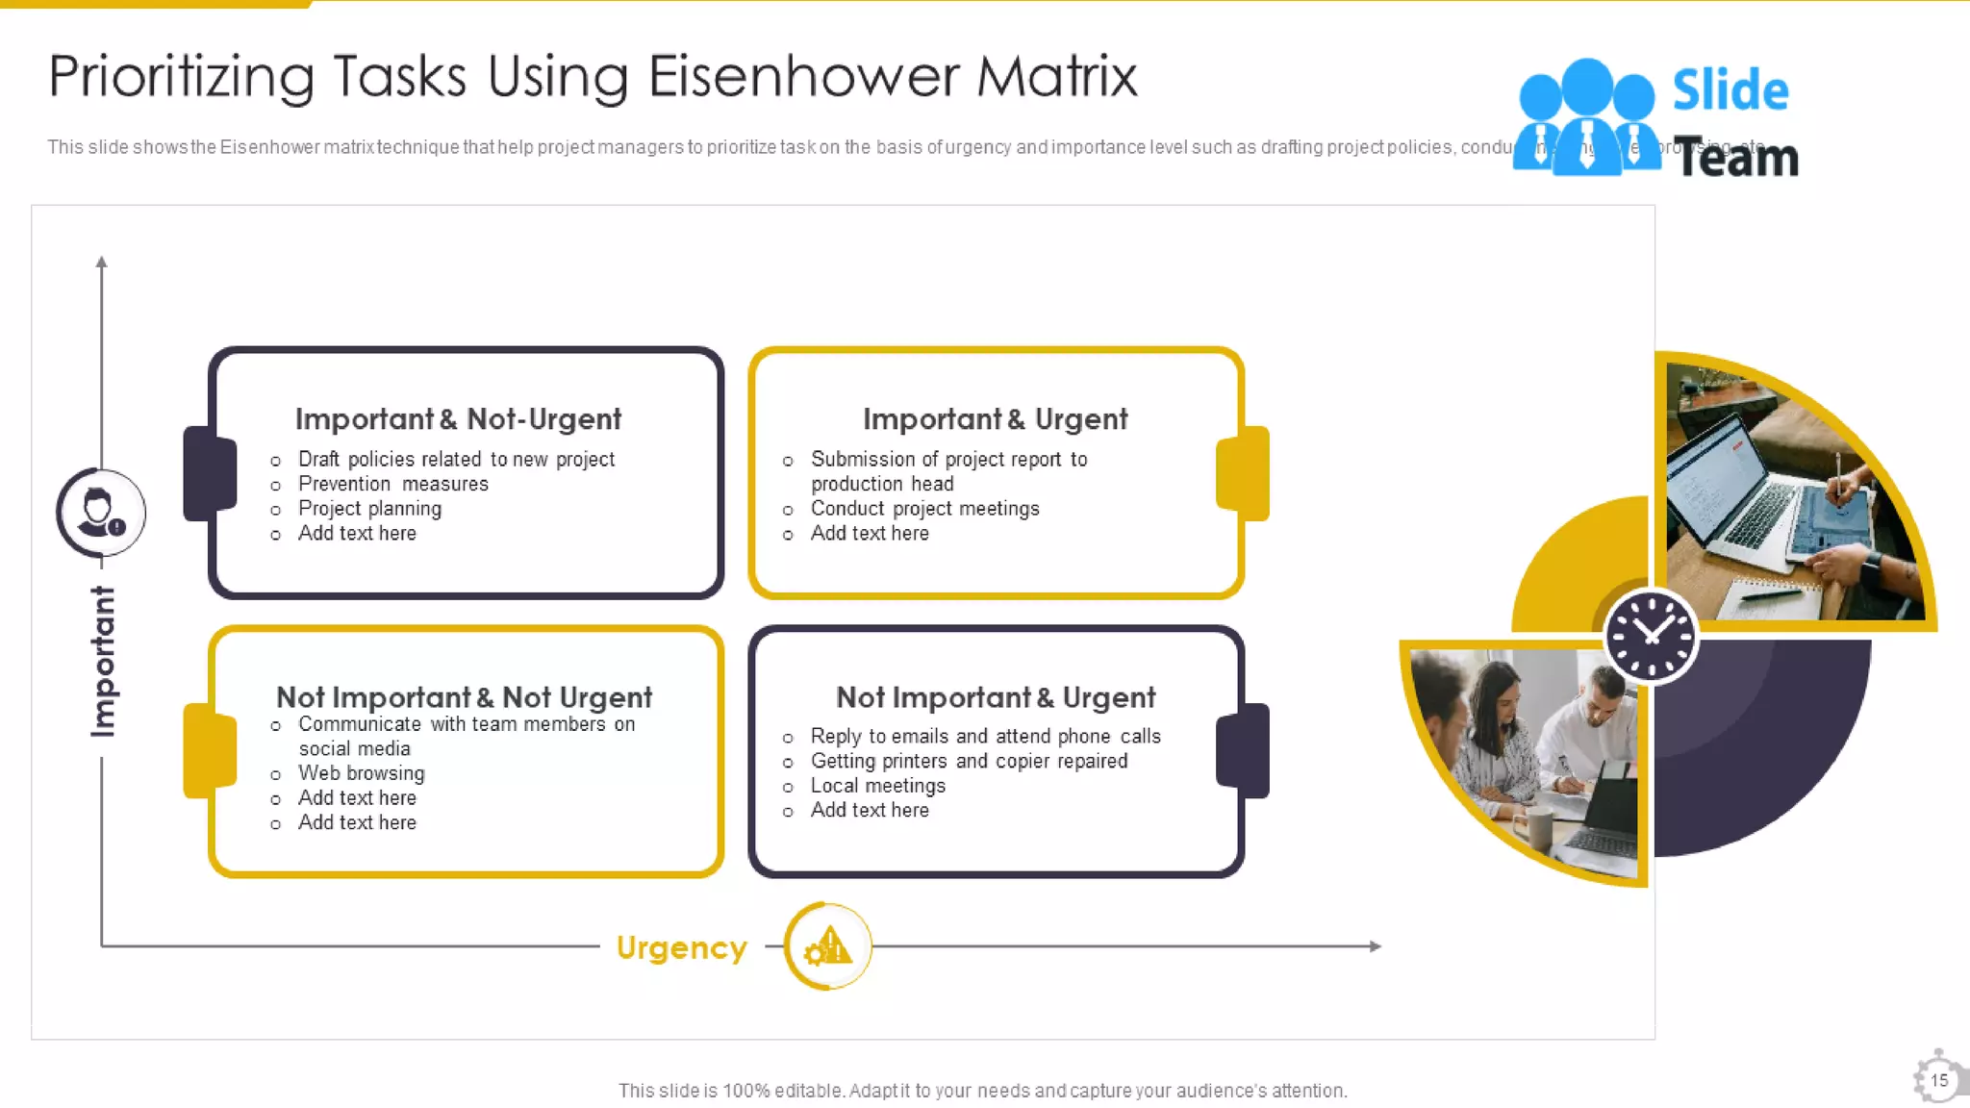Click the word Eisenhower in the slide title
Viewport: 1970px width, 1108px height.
click(x=803, y=77)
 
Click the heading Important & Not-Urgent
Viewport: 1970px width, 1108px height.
click(x=458, y=419)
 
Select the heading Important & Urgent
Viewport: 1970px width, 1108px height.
click(x=995, y=419)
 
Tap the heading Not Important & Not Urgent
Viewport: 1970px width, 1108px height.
click(x=464, y=697)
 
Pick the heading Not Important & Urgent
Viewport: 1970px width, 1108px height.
click(x=995, y=697)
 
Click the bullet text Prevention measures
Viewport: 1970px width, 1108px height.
click(x=392, y=484)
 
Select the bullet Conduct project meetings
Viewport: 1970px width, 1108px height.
click(x=924, y=509)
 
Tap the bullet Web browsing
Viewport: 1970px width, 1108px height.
click(x=361, y=773)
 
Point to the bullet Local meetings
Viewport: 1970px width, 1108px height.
click(x=877, y=786)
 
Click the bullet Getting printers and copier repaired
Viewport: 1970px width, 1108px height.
click(x=969, y=761)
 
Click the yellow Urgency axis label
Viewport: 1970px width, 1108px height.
click(x=681, y=948)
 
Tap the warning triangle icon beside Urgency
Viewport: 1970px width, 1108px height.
click(x=828, y=946)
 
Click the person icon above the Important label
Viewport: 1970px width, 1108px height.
click(x=100, y=513)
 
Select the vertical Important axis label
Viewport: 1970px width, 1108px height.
click(x=103, y=662)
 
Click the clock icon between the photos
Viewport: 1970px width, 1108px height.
click(x=1651, y=636)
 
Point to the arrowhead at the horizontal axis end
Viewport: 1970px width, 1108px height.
click(x=1376, y=946)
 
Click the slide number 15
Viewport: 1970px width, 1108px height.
click(x=1939, y=1080)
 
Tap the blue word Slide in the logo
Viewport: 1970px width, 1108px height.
click(x=1730, y=90)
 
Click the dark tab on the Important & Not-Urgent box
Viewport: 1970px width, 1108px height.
click(x=210, y=473)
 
